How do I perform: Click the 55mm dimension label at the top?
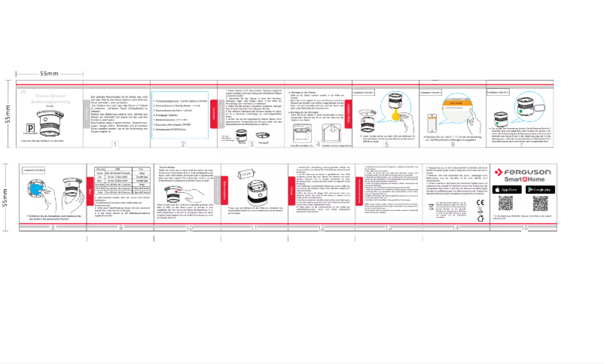click(49, 72)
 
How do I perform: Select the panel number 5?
click(386, 145)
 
